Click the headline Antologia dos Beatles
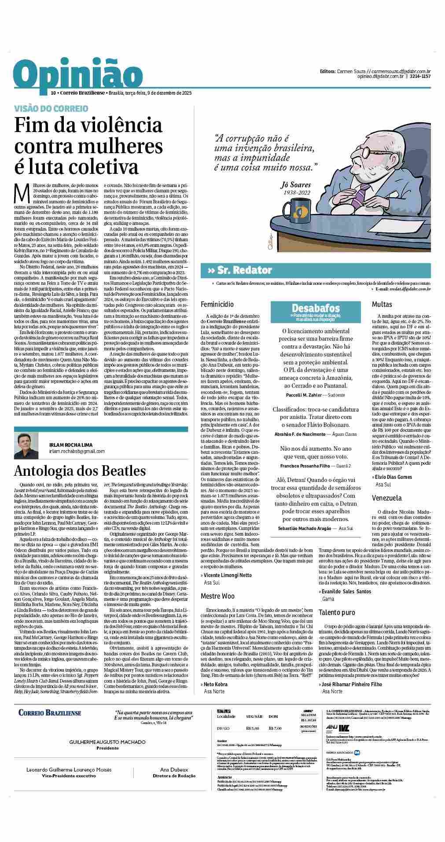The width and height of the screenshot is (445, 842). point(80,470)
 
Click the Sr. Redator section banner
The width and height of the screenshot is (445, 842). point(243,270)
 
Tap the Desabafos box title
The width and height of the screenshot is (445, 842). point(316,308)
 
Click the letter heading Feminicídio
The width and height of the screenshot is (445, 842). point(217,304)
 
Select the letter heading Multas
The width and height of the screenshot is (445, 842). point(382,304)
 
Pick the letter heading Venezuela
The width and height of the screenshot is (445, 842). point(386,498)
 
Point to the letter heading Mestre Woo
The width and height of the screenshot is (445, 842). point(217,596)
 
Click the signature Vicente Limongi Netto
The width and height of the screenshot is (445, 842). point(228,575)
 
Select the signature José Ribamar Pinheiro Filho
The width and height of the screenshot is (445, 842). point(351,684)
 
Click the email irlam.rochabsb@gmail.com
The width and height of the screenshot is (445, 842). point(77,451)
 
